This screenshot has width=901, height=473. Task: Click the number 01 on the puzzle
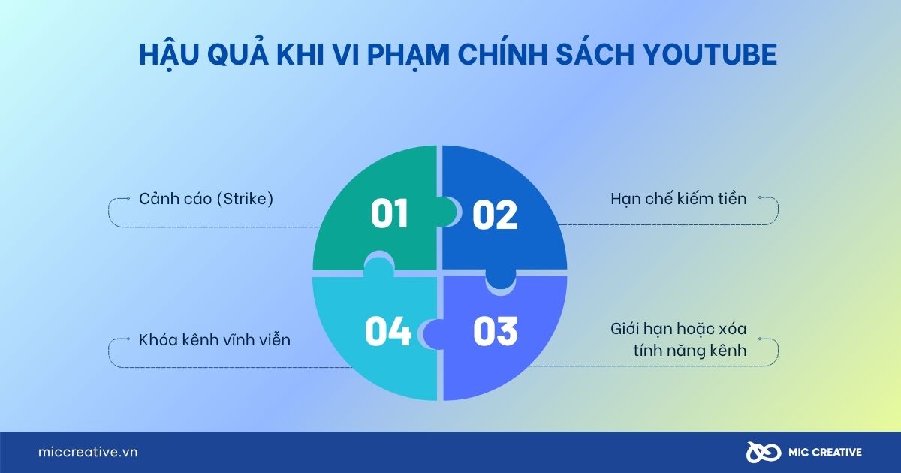[389, 214]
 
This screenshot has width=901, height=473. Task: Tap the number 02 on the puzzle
[495, 215]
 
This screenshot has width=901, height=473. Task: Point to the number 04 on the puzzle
[388, 331]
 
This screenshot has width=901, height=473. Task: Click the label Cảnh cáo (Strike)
[206, 199]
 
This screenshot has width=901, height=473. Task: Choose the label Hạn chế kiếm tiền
[679, 199]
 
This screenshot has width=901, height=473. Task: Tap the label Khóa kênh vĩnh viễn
[215, 339]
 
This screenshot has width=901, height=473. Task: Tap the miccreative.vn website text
[88, 452]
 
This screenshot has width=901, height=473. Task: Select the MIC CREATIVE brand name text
[824, 452]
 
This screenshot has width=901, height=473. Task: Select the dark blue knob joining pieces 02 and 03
[500, 282]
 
